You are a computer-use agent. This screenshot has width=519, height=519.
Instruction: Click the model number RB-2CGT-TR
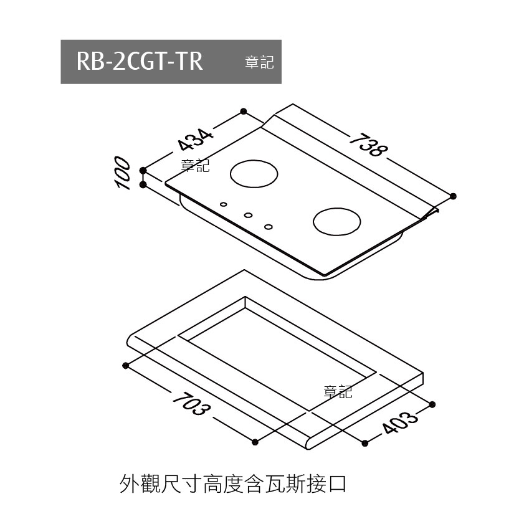coord(140,62)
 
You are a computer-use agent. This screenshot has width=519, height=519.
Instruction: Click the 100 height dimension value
coord(123,174)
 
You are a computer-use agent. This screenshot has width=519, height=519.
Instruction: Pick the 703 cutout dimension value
coord(191,406)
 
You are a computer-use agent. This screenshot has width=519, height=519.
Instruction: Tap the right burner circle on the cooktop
coord(337,221)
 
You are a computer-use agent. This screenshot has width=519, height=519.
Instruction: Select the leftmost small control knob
coord(223,204)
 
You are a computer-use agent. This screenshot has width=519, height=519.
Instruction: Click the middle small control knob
coord(248,215)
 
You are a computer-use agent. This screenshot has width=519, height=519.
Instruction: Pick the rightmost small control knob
coord(269,226)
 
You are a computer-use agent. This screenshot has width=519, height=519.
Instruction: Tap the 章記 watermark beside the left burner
coord(195,166)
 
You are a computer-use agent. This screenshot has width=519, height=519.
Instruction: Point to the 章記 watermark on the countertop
coord(338,392)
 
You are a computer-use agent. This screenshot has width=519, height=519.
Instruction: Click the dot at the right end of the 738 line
coord(453,196)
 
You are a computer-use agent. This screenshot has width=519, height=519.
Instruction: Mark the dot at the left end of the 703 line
coord(126,365)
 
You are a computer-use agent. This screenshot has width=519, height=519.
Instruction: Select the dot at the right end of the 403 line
coord(432,404)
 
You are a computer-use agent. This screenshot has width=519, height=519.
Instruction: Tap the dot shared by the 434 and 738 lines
coord(244,112)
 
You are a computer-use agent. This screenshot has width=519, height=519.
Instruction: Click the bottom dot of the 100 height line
coord(143,185)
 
